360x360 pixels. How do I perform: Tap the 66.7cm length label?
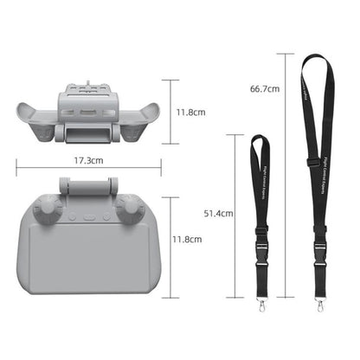(x=263, y=88)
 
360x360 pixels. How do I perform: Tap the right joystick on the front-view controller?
(x=132, y=208)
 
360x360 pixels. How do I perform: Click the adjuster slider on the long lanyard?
(x=309, y=164)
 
